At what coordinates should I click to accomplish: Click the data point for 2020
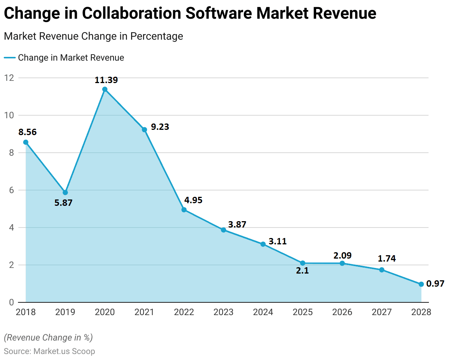pyautogui.click(x=105, y=89)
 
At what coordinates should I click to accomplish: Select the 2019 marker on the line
pyautogui.click(x=65, y=192)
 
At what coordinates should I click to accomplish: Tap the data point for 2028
pyautogui.click(x=421, y=284)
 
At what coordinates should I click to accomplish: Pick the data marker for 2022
pyautogui.click(x=184, y=210)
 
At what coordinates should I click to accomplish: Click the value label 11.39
pyautogui.click(x=106, y=80)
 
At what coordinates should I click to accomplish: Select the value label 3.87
pyautogui.click(x=237, y=225)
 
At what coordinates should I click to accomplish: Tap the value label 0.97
pyautogui.click(x=435, y=284)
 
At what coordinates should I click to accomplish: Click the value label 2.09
pyautogui.click(x=342, y=255)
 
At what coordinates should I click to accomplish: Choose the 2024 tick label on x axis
pyautogui.click(x=263, y=312)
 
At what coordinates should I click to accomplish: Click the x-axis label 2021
pyautogui.click(x=144, y=312)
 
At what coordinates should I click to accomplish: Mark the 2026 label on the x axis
pyautogui.click(x=342, y=312)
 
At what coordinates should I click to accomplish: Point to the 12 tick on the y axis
pyautogui.click(x=9, y=78)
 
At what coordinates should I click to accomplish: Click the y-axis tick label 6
pyautogui.click(x=11, y=190)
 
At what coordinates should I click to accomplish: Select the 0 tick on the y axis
pyautogui.click(x=11, y=302)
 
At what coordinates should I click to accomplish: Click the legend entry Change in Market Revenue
pyautogui.click(x=71, y=58)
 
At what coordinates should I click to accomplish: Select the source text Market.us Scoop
pyautogui.click(x=64, y=351)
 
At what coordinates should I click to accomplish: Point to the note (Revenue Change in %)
pyautogui.click(x=48, y=338)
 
